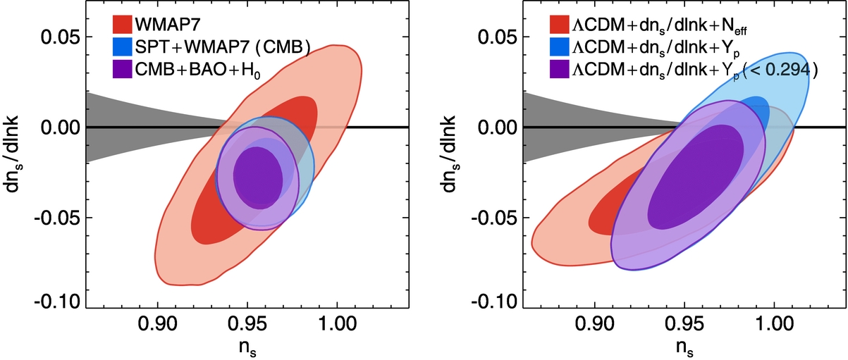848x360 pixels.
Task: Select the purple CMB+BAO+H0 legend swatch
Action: (125, 68)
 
